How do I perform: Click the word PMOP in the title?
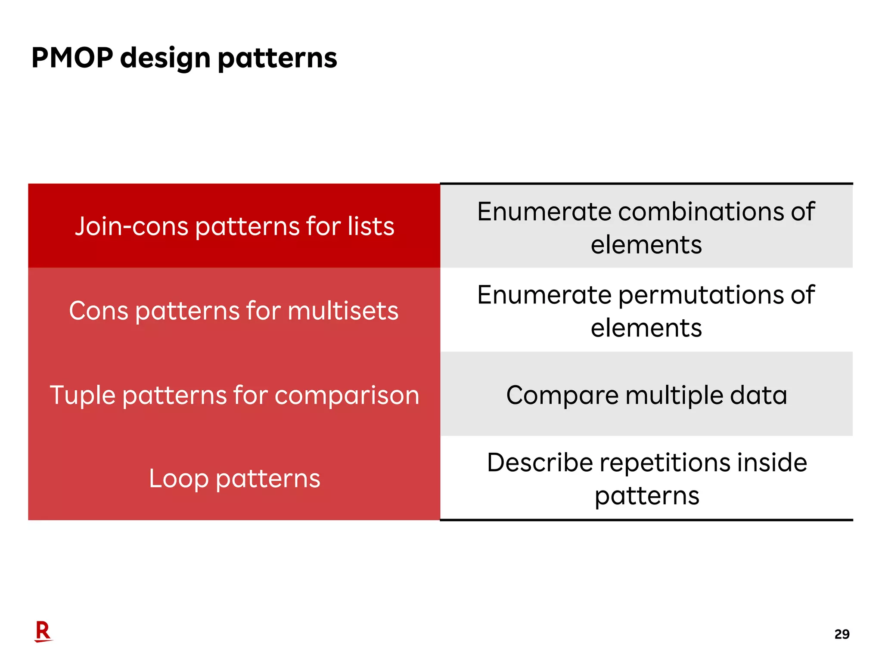coord(72,58)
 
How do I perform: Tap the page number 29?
coord(842,634)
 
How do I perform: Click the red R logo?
coord(43,631)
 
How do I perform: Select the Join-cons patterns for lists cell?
coord(234,226)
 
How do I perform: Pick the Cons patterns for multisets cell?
coord(234,310)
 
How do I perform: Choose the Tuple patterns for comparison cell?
coord(234,395)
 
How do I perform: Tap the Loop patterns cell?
coord(234,478)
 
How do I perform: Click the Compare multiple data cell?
coord(646,395)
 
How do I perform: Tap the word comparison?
coord(347,395)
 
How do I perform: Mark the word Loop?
coord(179,479)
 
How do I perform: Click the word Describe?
coord(540,463)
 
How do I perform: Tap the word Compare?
coord(562,395)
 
